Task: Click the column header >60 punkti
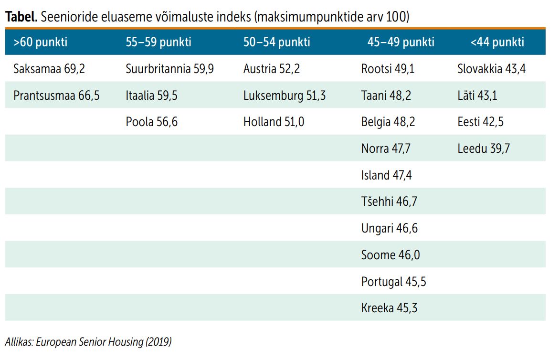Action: click(41, 42)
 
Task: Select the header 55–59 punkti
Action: click(158, 42)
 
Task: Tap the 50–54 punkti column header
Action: click(276, 42)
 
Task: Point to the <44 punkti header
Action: click(497, 42)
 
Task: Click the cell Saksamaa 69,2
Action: click(49, 69)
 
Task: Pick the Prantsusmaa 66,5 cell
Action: click(56, 95)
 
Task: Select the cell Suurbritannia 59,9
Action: click(169, 69)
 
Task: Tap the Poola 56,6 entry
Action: click(151, 122)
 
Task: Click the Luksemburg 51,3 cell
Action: click(284, 95)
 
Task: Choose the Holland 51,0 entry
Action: click(274, 122)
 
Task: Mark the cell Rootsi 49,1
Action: click(388, 69)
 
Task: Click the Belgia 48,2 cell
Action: click(388, 122)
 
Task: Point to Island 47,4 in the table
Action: click(386, 175)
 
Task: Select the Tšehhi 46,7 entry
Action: click(389, 201)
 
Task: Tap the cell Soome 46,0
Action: click(390, 255)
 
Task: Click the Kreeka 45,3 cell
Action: click(389, 308)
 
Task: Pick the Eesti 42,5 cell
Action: click(480, 122)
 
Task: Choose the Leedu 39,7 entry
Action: click(483, 148)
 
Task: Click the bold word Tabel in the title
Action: click(21, 17)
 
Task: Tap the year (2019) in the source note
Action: click(158, 342)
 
